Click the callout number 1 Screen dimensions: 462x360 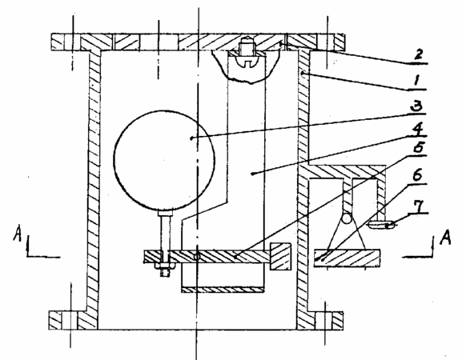pyautogui.click(x=416, y=80)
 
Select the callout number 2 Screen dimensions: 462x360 pyautogui.click(x=418, y=54)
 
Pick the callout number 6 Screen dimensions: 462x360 pyautogui.click(x=417, y=176)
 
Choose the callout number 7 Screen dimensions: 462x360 pyautogui.click(x=417, y=206)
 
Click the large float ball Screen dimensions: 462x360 pyautogui.click(x=164, y=159)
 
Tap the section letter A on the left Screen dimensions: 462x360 pyautogui.click(x=18, y=233)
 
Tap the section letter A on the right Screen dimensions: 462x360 pyautogui.click(x=445, y=237)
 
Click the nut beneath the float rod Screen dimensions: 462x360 pyautogui.click(x=165, y=266)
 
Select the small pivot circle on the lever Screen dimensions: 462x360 pyautogui.click(x=197, y=257)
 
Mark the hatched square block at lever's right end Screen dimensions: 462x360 pyautogui.click(x=280, y=256)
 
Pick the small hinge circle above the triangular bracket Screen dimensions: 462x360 pyautogui.click(x=347, y=218)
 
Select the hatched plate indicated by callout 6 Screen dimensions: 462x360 pyautogui.click(x=347, y=258)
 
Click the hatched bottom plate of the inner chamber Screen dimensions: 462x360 pyautogui.click(x=223, y=290)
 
